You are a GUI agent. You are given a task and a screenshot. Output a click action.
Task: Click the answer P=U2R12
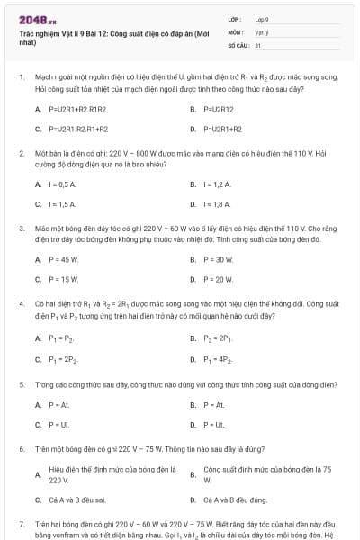click(x=219, y=109)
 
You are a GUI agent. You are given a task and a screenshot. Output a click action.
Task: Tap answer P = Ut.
click(x=213, y=424)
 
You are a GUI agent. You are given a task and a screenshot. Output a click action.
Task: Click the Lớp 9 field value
click(x=262, y=18)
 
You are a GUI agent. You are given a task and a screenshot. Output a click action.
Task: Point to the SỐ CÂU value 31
click(x=258, y=44)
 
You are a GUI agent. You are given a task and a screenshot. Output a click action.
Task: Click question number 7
click(x=21, y=523)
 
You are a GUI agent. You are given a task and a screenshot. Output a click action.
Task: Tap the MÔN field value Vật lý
click(x=262, y=31)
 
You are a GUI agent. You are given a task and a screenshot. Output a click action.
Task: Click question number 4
click(x=21, y=304)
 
